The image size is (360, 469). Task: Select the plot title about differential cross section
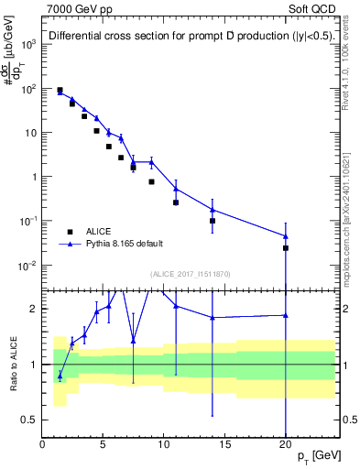point(191,37)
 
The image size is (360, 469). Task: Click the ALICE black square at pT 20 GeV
point(286,248)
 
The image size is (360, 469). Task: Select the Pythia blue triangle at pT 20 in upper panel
point(286,236)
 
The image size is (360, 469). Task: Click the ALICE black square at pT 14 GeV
point(213,221)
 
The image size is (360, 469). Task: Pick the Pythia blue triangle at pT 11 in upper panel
point(176,190)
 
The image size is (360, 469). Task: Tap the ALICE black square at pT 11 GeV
point(176,202)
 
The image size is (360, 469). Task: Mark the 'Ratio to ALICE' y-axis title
point(12,364)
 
